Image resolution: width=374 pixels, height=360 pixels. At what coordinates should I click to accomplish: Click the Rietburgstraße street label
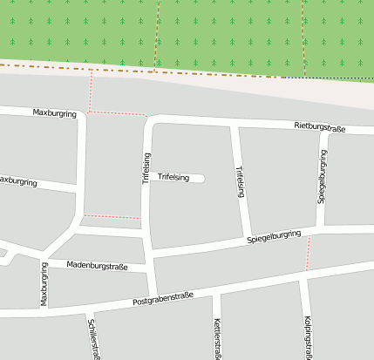(320, 128)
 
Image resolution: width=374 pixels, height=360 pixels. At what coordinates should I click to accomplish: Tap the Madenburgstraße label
(98, 265)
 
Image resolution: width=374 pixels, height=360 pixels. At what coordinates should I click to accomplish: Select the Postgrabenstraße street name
(163, 298)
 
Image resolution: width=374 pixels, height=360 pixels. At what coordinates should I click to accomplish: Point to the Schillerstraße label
(94, 338)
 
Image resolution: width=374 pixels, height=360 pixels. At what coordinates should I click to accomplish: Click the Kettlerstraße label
(217, 340)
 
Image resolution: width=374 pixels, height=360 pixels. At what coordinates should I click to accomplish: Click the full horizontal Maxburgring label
(55, 113)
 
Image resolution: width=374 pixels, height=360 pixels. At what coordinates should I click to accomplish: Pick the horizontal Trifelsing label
(173, 178)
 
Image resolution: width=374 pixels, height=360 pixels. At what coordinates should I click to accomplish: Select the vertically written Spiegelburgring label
(322, 176)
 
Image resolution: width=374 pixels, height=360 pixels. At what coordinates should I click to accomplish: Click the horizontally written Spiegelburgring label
(274, 236)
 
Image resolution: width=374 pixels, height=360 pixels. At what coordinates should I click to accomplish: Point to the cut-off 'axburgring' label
(18, 181)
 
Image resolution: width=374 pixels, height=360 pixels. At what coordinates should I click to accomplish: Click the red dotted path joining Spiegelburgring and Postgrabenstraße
(308, 252)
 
